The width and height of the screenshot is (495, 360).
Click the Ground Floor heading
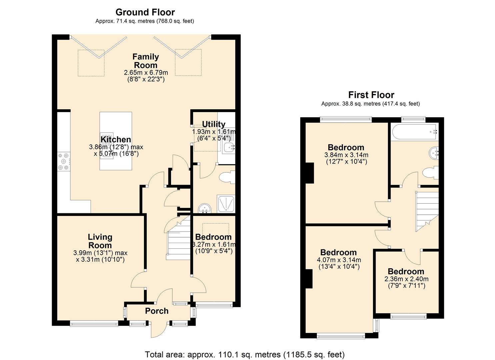point(145,13)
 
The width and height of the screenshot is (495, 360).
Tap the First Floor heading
point(371,95)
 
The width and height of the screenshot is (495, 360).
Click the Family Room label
point(146,61)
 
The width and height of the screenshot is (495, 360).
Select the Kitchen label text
point(116,139)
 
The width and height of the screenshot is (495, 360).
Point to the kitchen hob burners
point(63,161)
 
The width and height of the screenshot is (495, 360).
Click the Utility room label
point(214,124)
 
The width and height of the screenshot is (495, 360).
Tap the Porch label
point(157,311)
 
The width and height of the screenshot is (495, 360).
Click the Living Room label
point(100,241)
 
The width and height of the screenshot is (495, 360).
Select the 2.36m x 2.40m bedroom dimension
point(406,279)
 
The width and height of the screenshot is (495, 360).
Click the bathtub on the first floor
point(415,132)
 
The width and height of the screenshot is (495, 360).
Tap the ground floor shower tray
point(226,204)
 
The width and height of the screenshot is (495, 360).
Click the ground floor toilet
point(227,177)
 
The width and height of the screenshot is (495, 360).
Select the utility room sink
point(229,148)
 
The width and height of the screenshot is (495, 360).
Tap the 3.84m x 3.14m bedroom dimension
point(346,155)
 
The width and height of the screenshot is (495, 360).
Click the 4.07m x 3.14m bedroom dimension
point(339,260)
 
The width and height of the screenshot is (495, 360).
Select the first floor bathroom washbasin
point(434,152)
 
